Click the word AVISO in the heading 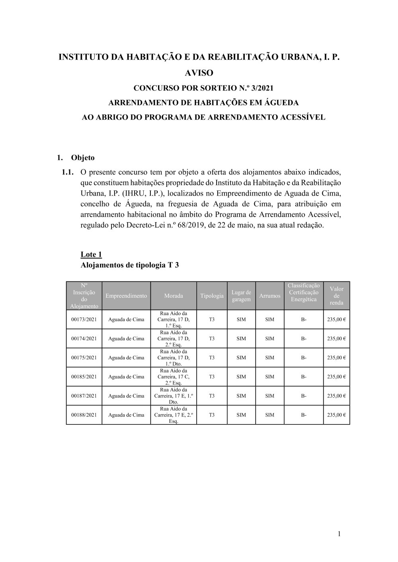[199, 73]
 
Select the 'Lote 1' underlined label [91, 254]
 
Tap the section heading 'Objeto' [83, 157]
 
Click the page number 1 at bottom [339, 534]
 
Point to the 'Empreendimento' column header [126, 296]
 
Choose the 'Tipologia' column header [212, 296]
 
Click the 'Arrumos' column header [269, 296]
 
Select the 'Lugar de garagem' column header [241, 296]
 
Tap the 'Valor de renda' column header [336, 296]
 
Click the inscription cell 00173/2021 [84, 320]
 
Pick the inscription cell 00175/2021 [84, 358]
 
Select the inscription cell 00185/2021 [84, 377]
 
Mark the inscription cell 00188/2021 [84, 415]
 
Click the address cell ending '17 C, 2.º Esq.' [174, 377]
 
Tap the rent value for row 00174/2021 [336, 339]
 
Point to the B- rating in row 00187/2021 [304, 396]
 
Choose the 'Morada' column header [174, 296]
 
